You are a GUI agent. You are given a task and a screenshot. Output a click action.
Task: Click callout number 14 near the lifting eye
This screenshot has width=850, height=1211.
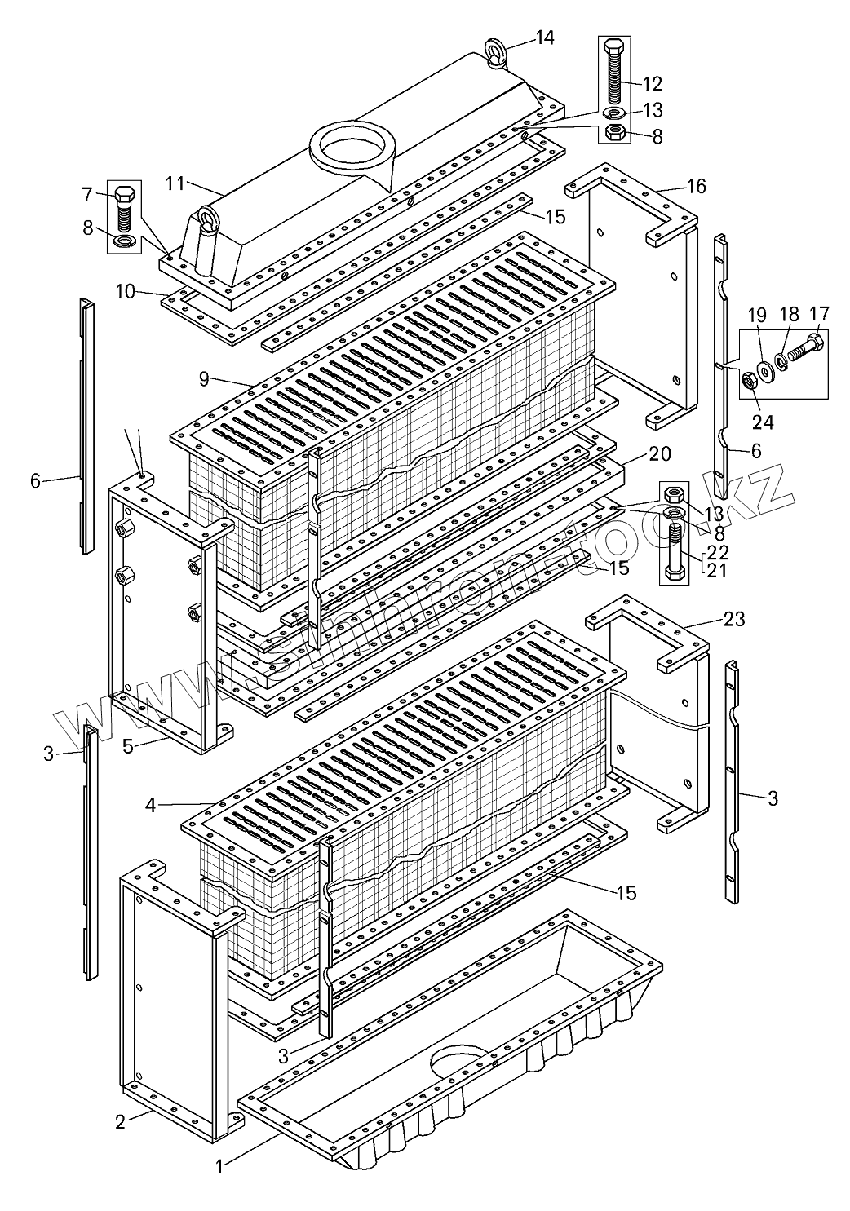[x=544, y=38]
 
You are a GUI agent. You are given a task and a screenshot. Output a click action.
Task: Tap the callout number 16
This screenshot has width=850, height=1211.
[x=696, y=187]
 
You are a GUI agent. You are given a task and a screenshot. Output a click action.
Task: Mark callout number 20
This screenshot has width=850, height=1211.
[x=660, y=453]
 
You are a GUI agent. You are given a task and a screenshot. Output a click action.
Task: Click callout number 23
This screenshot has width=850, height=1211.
[x=734, y=619]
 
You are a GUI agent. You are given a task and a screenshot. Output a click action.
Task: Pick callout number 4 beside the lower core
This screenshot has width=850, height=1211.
[x=151, y=805]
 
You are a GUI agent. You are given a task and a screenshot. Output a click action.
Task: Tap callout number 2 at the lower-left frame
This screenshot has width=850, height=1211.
[x=120, y=1122]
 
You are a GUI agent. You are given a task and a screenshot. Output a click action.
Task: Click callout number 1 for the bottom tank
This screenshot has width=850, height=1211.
[x=219, y=1167]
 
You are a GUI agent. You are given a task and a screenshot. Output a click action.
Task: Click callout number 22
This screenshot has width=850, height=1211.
[x=718, y=551]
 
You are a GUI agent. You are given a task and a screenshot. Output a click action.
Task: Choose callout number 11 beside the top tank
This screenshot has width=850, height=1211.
[x=175, y=183]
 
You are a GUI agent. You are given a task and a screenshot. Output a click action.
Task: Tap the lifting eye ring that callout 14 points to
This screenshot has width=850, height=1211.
[x=498, y=51]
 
